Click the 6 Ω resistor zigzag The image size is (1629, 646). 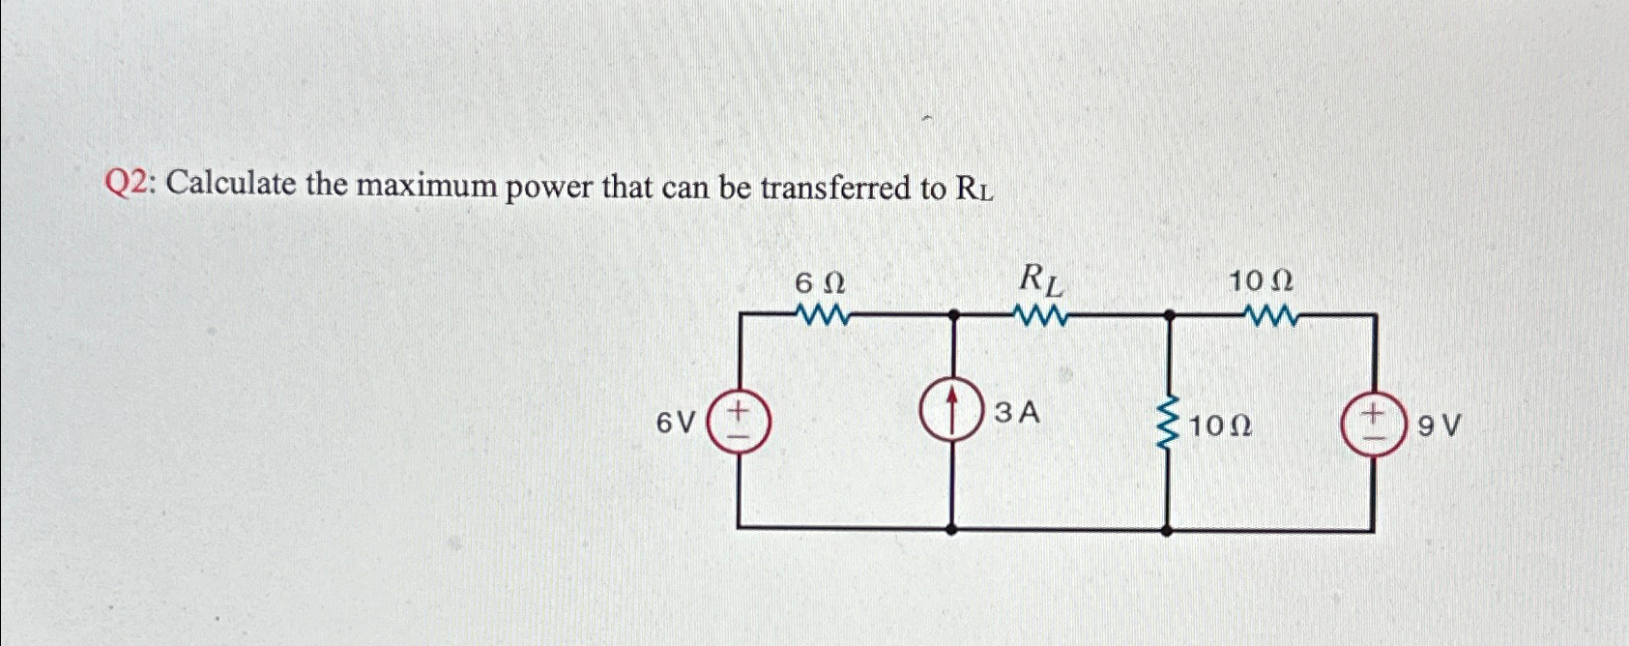pos(821,315)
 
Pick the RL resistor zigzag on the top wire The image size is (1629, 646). pos(1039,315)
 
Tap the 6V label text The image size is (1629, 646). pos(676,424)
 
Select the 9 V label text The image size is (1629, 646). pos(1439,426)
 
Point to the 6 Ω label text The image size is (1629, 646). pos(820,283)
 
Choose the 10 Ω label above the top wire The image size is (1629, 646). pos(1261,282)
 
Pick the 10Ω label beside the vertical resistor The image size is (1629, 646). pos(1220,426)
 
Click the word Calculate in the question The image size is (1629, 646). pos(235,184)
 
